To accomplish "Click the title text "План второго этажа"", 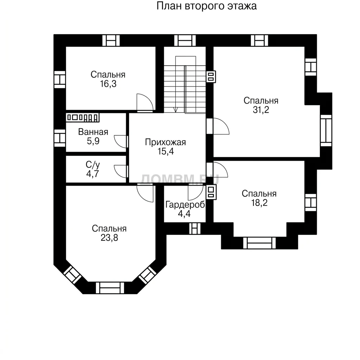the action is click(x=206, y=6).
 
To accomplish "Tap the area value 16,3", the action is click(x=108, y=84).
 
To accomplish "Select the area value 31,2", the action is click(x=261, y=110).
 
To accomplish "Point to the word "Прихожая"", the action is click(x=165, y=142).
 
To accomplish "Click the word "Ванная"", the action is click(x=93, y=132).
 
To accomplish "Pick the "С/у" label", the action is click(x=93, y=165).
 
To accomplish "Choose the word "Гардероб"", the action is click(x=185, y=205).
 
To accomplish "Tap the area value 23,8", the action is click(x=109, y=238).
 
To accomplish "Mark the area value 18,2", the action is click(x=259, y=203).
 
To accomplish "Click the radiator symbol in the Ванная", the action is click(x=83, y=117).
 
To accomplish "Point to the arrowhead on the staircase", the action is click(x=176, y=110).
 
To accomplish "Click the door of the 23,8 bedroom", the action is click(x=145, y=193).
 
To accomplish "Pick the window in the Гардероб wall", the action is click(x=195, y=229).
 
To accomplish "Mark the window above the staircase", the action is click(x=185, y=41).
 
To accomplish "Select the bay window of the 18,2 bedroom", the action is click(x=259, y=243).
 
